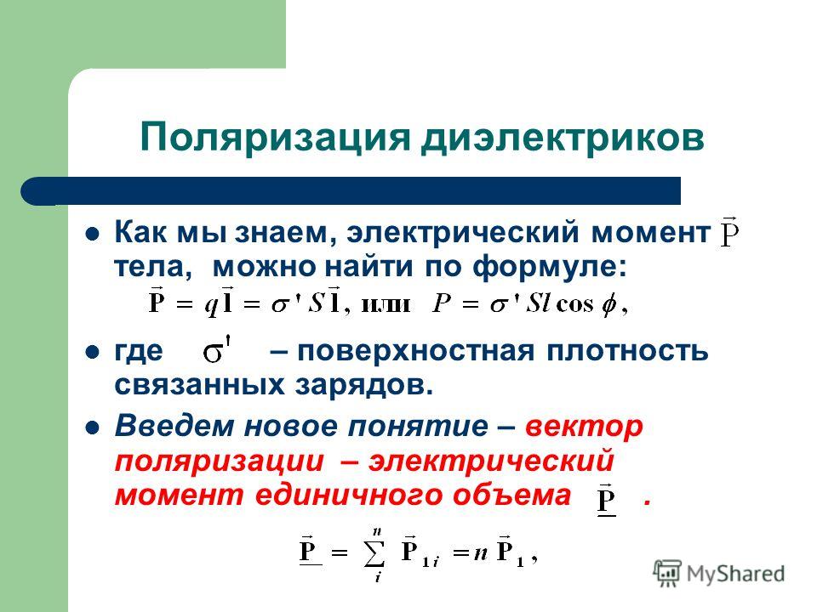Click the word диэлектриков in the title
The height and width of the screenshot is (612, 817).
563,138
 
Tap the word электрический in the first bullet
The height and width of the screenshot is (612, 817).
463,232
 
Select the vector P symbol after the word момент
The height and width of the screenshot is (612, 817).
730,232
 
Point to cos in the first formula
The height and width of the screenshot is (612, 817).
574,303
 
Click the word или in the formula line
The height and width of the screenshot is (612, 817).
386,304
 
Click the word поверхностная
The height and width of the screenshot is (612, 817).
416,351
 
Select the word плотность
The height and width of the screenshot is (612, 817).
627,351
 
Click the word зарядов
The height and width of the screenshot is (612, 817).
364,386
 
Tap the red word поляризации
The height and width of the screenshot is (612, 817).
220,462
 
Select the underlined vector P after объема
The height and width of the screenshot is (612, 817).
607,500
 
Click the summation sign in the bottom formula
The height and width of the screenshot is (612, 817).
375,554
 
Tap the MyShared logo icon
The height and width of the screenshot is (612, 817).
667,573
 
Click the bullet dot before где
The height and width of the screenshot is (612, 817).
92,353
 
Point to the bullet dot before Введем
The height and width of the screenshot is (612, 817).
92,428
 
